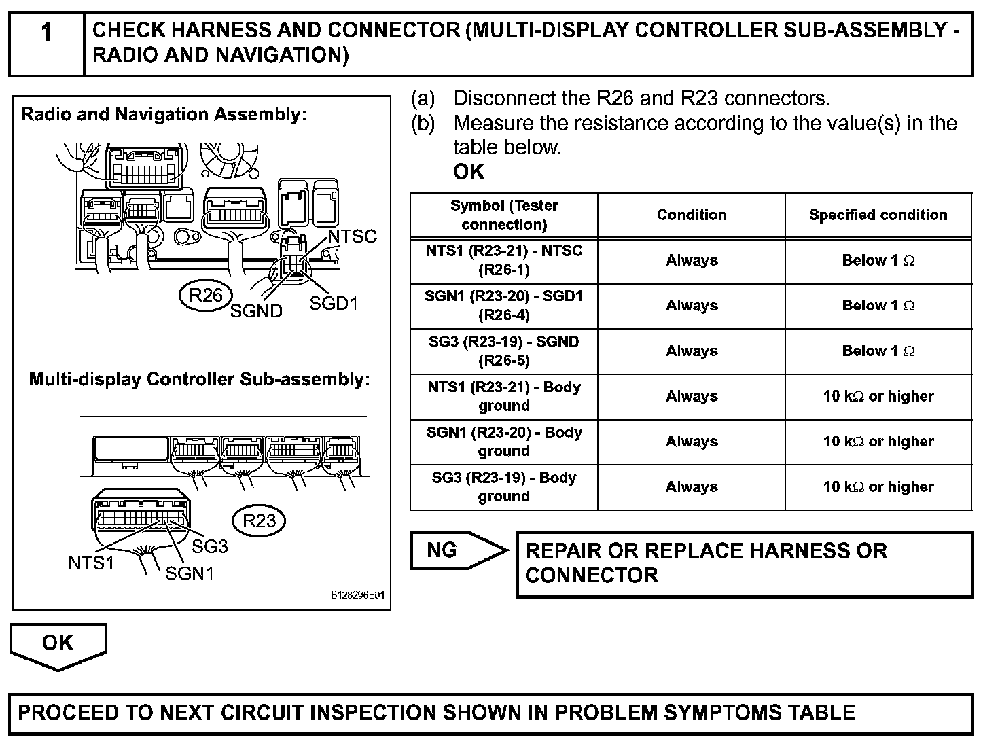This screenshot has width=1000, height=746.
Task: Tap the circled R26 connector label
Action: click(x=206, y=296)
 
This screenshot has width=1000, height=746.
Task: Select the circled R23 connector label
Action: click(x=260, y=520)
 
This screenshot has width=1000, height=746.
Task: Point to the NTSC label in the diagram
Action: click(x=352, y=236)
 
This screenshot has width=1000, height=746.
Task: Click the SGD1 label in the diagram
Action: click(x=333, y=303)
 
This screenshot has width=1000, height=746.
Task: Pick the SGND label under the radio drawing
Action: click(x=256, y=310)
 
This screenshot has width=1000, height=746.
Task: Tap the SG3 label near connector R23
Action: click(x=210, y=546)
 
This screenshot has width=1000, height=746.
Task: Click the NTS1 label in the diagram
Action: click(x=91, y=563)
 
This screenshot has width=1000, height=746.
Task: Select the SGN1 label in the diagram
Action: click(x=190, y=573)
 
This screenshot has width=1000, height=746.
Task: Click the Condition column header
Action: click(x=691, y=215)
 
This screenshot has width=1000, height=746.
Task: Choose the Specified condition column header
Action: click(x=878, y=215)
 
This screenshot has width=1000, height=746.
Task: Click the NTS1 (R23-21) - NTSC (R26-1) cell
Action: click(x=503, y=260)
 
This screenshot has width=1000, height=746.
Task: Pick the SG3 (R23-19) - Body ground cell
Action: click(x=503, y=486)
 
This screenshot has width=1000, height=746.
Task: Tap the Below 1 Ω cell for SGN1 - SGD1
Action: click(x=878, y=306)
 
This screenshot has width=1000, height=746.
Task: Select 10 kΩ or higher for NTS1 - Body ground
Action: click(x=878, y=396)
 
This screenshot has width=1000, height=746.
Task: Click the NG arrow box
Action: click(x=457, y=550)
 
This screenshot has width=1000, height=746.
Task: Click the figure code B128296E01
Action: click(x=357, y=595)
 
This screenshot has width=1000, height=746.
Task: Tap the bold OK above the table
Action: click(x=469, y=172)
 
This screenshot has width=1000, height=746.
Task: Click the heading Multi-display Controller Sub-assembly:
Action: click(x=199, y=379)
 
